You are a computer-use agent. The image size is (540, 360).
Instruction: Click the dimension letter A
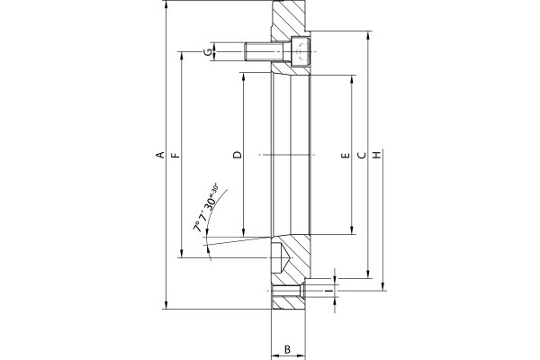(x=160, y=155)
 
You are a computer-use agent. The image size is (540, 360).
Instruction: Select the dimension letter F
(x=175, y=155)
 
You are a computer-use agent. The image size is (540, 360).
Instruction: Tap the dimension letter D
(x=238, y=155)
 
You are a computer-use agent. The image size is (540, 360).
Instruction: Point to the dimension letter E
(x=346, y=156)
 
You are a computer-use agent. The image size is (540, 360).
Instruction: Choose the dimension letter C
(x=362, y=156)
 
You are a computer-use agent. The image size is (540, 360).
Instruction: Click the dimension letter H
(x=378, y=155)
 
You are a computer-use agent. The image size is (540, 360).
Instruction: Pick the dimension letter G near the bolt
(x=208, y=52)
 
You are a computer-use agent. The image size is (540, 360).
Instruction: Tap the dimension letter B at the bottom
(x=288, y=349)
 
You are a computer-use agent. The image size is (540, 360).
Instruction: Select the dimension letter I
(x=330, y=292)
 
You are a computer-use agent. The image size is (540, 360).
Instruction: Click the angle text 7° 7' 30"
(x=206, y=210)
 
